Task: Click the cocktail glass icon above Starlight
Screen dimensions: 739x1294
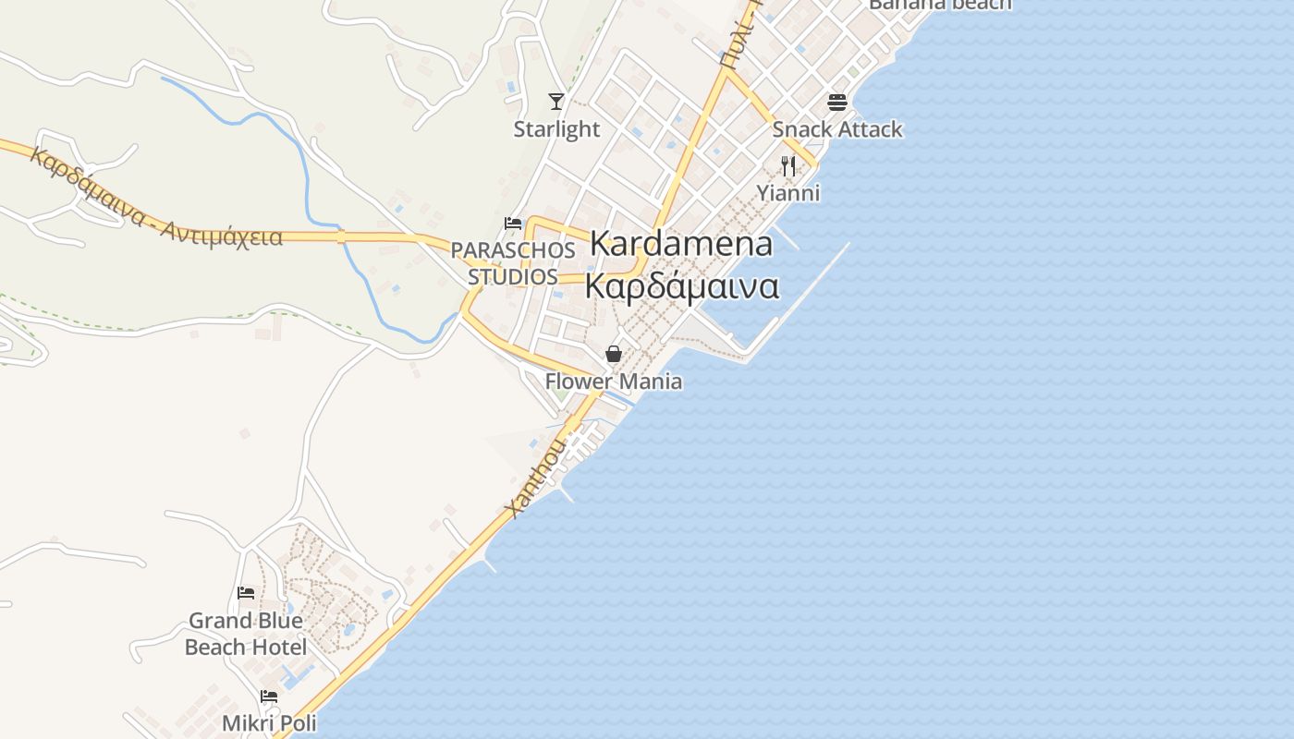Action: tap(556, 101)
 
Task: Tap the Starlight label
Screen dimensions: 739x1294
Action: tap(556, 129)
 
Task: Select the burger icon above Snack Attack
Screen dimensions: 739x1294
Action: tap(837, 102)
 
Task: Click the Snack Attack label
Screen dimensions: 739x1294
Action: tap(837, 129)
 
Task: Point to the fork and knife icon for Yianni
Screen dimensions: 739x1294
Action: tap(788, 166)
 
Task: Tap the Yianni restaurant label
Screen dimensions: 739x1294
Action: tap(788, 193)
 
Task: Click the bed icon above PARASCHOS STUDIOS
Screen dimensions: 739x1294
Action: tap(513, 224)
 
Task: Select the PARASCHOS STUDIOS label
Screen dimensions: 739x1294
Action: tap(513, 263)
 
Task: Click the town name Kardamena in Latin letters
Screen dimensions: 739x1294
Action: tap(680, 244)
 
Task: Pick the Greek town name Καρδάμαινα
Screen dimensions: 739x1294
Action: tap(682, 286)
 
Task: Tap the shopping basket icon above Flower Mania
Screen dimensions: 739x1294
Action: tap(613, 354)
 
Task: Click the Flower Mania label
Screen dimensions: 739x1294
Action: tap(614, 382)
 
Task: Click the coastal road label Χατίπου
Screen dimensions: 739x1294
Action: tap(535, 478)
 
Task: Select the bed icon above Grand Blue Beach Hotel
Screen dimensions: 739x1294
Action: tap(246, 593)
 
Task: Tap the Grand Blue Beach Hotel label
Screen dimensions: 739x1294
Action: tap(246, 634)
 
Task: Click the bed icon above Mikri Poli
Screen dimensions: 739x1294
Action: tap(269, 697)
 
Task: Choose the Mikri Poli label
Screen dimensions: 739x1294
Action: tap(269, 722)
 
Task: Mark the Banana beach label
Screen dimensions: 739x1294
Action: tap(940, 4)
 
